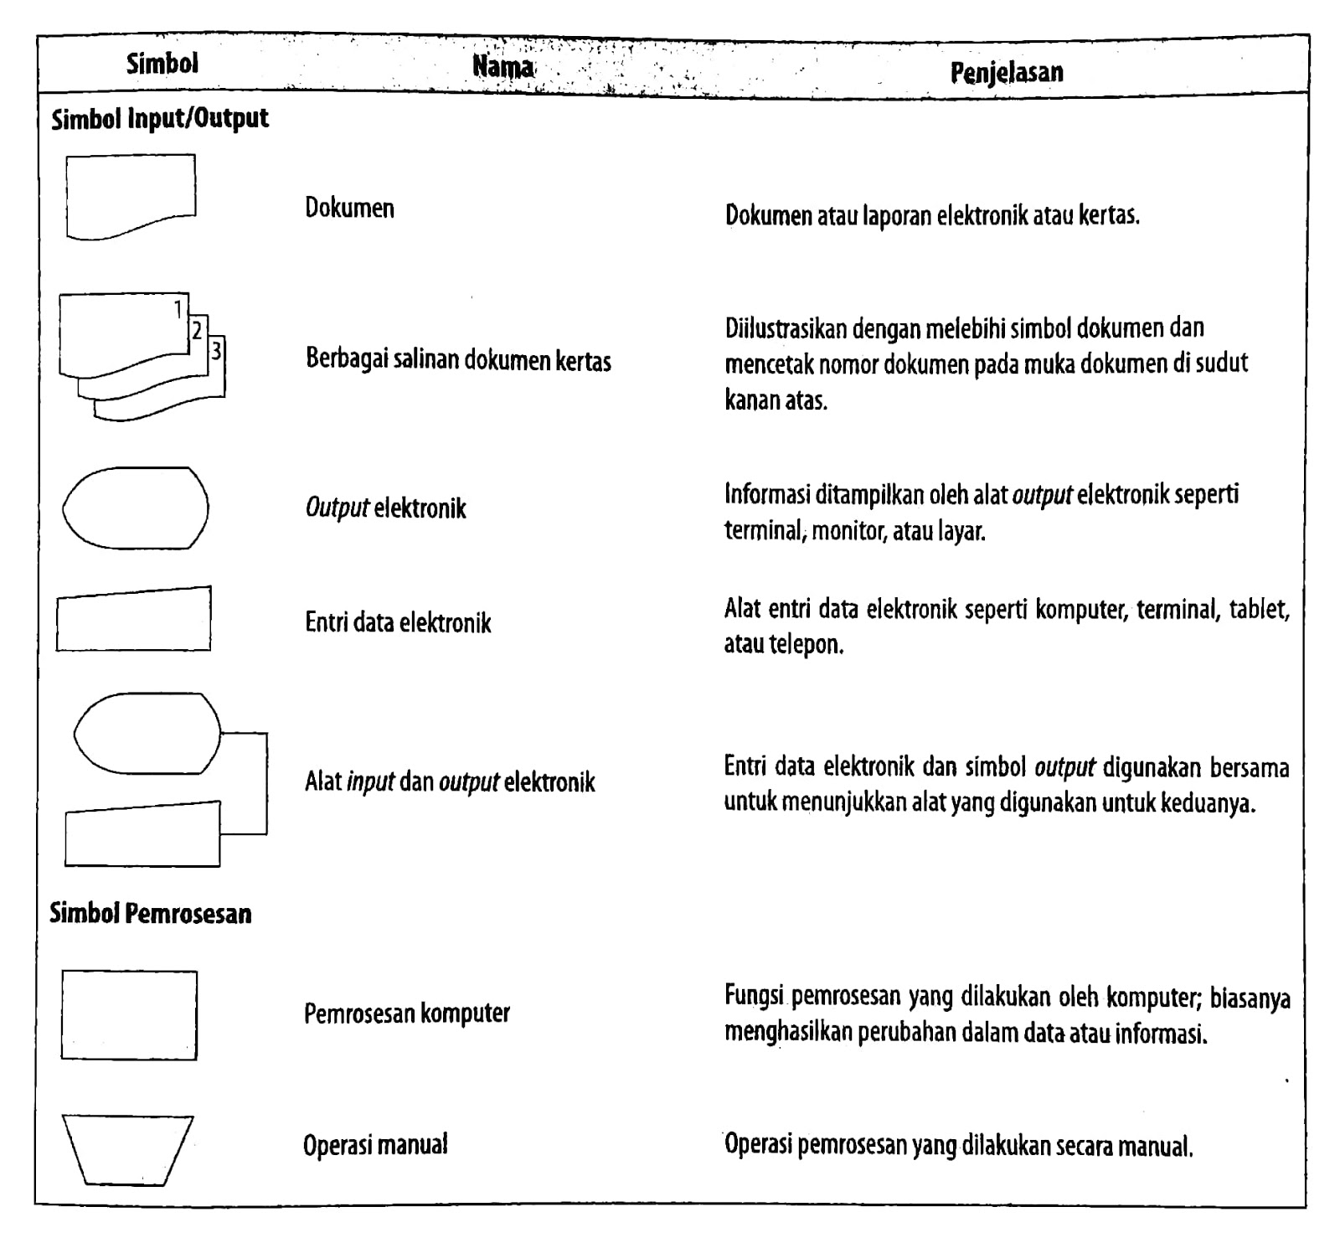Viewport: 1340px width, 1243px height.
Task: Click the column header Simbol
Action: coord(162,64)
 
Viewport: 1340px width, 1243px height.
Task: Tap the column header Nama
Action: coord(502,66)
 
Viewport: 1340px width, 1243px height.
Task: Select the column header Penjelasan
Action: coord(1007,72)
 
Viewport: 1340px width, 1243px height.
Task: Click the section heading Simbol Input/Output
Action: coord(160,119)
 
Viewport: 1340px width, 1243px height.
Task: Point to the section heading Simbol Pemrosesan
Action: coord(151,913)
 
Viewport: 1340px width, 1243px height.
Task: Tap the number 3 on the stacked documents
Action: coord(217,350)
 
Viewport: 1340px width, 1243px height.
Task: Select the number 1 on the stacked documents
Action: coord(178,310)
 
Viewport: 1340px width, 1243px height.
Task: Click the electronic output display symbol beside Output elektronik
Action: coord(136,508)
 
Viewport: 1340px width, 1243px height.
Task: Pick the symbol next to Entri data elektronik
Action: coord(134,620)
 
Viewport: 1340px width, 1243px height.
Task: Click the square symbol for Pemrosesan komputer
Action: coord(129,1015)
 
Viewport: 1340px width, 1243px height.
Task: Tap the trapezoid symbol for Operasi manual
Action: coord(128,1149)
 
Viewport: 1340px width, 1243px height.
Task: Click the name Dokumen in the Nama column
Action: coord(349,208)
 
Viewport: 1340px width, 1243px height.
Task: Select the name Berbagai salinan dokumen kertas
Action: coord(458,360)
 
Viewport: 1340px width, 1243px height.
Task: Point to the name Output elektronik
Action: coord(385,508)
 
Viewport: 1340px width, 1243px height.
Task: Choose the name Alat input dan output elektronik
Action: coord(450,782)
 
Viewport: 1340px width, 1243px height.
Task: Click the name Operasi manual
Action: coord(375,1144)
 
